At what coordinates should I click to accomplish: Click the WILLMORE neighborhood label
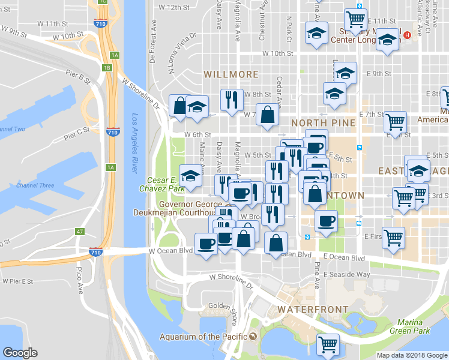click(231, 74)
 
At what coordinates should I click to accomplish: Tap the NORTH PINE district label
click(324, 123)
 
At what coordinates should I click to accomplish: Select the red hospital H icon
click(408, 35)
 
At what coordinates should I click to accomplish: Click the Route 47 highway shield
click(80, 231)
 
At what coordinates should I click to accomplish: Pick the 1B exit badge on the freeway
click(107, 68)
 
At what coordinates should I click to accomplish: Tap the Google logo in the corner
click(20, 353)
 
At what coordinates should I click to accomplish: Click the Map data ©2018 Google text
click(412, 355)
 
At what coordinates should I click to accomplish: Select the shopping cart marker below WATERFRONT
click(328, 344)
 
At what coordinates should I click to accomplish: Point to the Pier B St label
click(78, 76)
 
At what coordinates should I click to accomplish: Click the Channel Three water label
click(35, 185)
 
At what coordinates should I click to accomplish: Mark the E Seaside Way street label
click(346, 274)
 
